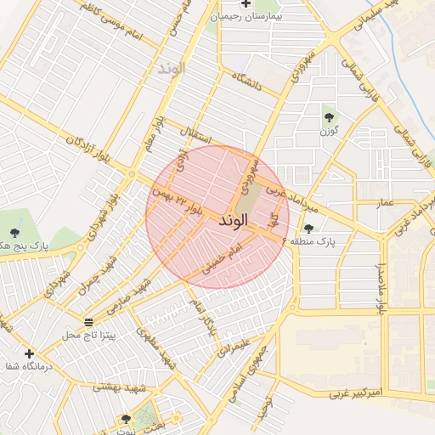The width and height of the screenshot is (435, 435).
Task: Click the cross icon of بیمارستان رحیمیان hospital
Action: pos(246,4)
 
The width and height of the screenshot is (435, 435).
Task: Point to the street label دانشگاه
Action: pos(257,82)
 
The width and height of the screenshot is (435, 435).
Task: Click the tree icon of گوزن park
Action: pos(329,116)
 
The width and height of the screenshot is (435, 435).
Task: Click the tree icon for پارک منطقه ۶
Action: pos(308,229)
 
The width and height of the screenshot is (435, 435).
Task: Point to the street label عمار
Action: pos(385,203)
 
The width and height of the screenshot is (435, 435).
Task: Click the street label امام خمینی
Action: pos(223,258)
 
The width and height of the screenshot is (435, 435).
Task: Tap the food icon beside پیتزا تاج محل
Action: pos(89,321)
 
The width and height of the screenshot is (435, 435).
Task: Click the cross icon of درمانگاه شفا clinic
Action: pos(30,353)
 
